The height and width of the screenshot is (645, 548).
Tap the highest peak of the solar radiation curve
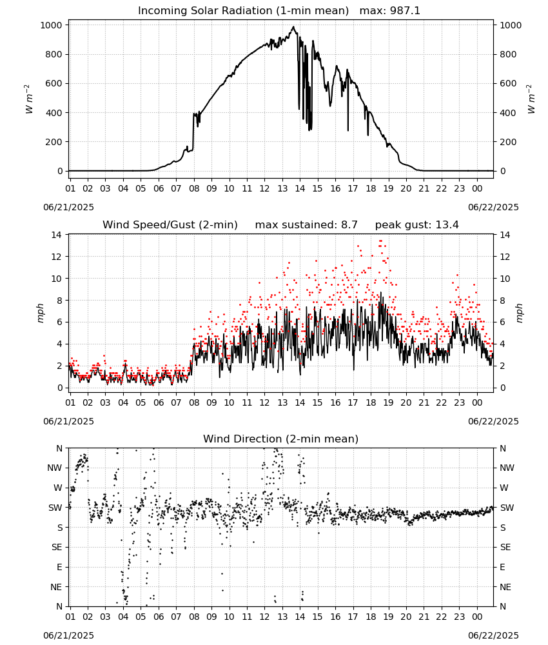[293, 26]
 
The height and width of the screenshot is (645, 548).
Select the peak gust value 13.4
[447, 225]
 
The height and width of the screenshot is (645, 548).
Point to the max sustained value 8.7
[349, 225]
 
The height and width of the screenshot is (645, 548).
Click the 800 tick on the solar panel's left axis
[55, 54]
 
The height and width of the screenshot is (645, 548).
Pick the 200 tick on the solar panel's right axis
[508, 142]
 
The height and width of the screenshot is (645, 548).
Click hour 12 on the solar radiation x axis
[264, 188]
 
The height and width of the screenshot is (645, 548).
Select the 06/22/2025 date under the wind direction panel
[493, 635]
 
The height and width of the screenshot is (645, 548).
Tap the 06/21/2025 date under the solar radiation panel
[68, 207]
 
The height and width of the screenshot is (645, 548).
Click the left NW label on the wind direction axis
[55, 468]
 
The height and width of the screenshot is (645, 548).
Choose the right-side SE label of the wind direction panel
[505, 547]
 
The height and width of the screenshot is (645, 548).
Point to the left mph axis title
[40, 313]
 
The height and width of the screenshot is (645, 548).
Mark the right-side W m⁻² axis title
[531, 99]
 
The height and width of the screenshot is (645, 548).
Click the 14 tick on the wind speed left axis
[57, 235]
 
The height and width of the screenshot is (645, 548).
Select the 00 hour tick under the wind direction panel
[477, 617]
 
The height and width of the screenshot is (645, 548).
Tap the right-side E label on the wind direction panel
[502, 567]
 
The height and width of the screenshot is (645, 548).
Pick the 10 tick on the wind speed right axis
[505, 279]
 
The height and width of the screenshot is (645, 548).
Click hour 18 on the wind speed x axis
[371, 402]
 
